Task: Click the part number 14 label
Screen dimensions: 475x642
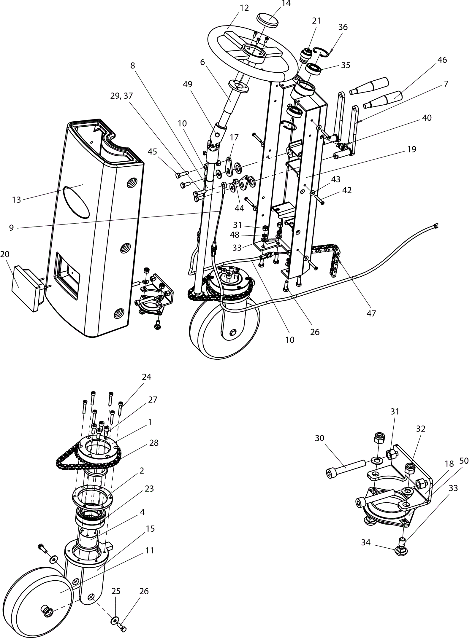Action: [x=286, y=4]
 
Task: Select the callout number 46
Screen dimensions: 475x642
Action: [x=442, y=60]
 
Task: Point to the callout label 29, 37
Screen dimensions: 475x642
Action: [x=122, y=96]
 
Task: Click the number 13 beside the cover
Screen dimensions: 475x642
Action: [x=17, y=200]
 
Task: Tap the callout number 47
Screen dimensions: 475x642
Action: [x=371, y=313]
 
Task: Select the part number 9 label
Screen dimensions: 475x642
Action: [x=11, y=228]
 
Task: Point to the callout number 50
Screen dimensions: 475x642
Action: [x=464, y=461]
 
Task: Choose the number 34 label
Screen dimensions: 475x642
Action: [x=366, y=542]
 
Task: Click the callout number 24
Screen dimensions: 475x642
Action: [x=147, y=377]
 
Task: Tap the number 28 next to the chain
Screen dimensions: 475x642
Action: [x=154, y=443]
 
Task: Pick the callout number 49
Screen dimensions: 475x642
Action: [x=188, y=84]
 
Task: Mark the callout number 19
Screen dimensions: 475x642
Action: [x=411, y=149]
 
